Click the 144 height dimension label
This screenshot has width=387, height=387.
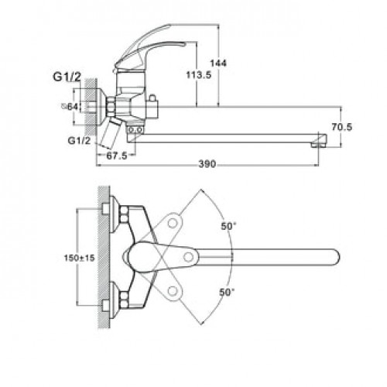point(218,63)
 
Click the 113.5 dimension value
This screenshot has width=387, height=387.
point(199,75)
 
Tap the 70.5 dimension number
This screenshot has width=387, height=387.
point(341,127)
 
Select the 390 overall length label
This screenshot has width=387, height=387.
point(207,164)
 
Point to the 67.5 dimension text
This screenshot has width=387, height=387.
point(117,156)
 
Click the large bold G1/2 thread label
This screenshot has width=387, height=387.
point(67,77)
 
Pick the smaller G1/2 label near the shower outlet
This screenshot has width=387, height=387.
point(79,141)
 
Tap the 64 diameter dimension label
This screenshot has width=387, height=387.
point(70,107)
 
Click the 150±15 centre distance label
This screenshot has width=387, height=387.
point(80,258)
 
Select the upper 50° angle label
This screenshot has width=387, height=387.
point(228,226)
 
